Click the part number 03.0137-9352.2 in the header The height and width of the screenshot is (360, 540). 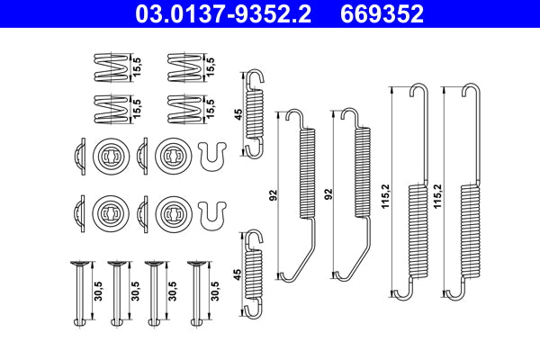227,14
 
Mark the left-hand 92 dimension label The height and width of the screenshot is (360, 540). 272,193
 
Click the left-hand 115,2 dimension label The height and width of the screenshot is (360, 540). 385,193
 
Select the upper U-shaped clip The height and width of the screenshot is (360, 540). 211,157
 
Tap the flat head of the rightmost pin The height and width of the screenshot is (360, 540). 195,263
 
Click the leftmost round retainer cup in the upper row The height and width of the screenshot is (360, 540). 107,156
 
